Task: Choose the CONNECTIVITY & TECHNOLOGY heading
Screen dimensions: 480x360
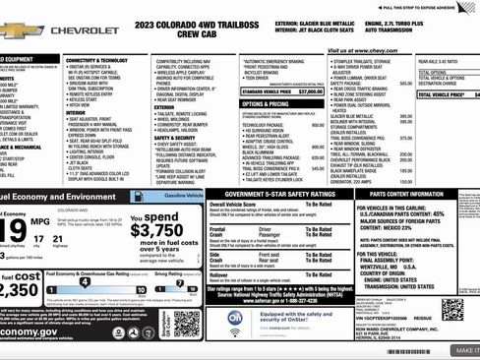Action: click(102, 60)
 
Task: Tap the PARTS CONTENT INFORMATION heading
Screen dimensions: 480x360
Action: click(419, 195)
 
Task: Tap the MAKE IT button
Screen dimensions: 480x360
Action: click(464, 349)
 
